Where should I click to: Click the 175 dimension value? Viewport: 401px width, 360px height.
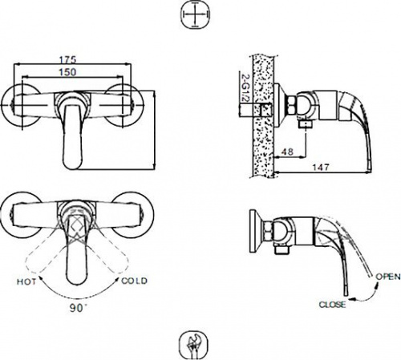67,59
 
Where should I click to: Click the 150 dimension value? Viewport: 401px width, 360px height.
67,72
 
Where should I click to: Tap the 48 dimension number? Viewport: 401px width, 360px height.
288,152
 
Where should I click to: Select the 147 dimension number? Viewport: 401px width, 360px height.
321,168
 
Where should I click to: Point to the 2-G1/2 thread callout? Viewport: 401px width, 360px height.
244,87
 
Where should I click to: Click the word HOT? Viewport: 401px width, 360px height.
26,281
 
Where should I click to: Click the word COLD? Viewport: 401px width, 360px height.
134,281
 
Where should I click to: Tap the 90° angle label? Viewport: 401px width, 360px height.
79,308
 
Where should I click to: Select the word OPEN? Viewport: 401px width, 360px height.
388,277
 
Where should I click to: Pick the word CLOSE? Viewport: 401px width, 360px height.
332,305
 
